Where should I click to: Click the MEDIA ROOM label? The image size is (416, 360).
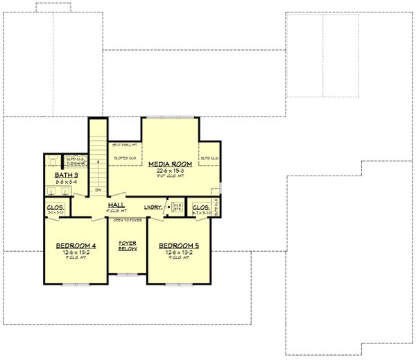click(x=170, y=164)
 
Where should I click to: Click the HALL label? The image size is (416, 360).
click(x=116, y=205)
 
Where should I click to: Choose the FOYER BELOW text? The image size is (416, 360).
click(x=127, y=246)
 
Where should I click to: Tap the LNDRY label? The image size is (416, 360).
click(x=153, y=207)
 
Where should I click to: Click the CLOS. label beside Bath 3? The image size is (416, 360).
click(x=55, y=207)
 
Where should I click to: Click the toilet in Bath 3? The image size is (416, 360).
click(x=54, y=160)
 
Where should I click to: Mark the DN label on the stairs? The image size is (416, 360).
click(x=99, y=189)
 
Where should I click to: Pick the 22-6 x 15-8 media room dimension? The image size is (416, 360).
click(x=170, y=171)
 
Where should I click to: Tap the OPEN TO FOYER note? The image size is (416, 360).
click(x=127, y=219)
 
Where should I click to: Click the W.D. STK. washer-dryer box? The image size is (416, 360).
click(x=177, y=207)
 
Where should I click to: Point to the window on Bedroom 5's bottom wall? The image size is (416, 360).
click(x=178, y=284)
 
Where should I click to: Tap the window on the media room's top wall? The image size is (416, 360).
click(x=171, y=117)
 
